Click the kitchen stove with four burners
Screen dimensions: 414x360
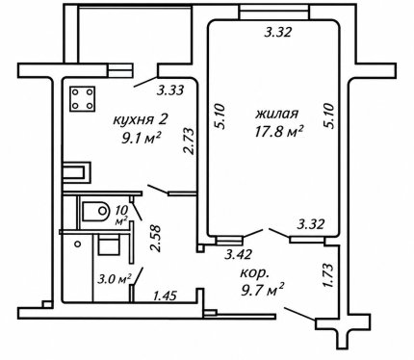pos(83,99)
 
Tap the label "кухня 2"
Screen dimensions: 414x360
pos(141,120)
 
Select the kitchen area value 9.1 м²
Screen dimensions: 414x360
pos(141,139)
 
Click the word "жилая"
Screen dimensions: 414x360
pos(277,114)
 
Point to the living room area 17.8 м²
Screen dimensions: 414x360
pos(279,131)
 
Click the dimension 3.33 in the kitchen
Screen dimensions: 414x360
pos(170,90)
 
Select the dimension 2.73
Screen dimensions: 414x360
pos(189,141)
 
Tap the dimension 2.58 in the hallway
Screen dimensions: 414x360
pos(155,239)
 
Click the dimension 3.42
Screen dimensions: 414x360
pos(238,254)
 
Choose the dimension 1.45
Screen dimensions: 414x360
pos(165,296)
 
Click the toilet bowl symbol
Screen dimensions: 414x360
pos(96,211)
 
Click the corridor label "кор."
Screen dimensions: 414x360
pos(254,273)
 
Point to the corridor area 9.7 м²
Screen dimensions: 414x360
pos(262,290)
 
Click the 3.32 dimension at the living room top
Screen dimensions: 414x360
pos(278,32)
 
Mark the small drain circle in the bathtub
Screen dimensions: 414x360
pos(77,244)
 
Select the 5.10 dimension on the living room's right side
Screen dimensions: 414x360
pos(329,116)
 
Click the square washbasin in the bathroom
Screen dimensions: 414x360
pos(109,244)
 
